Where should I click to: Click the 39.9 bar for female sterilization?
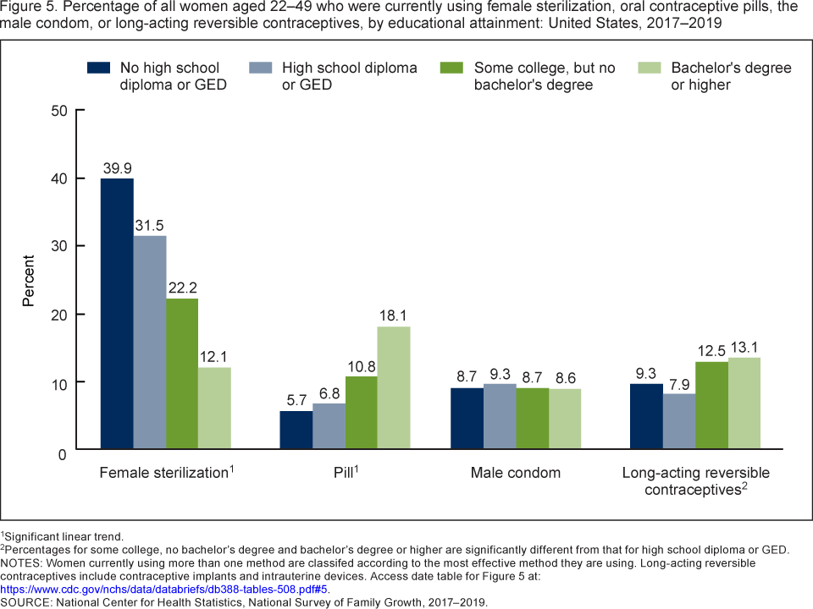point(117,313)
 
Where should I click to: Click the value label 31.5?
point(149,224)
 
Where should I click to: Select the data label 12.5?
point(711,351)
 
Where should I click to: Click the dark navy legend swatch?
point(99,67)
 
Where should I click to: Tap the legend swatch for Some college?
point(452,67)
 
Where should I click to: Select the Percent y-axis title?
point(29,280)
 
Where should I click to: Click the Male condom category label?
point(516,473)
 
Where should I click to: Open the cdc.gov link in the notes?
point(163,590)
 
